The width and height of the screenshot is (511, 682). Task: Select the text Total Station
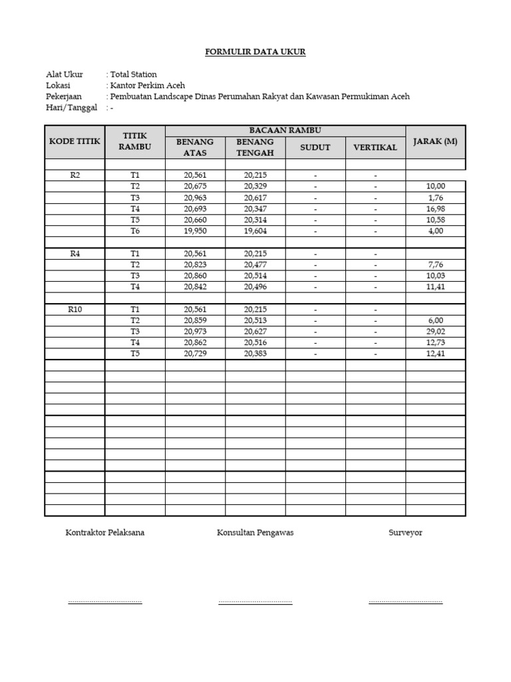click(133, 75)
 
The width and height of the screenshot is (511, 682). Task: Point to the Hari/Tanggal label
click(71, 107)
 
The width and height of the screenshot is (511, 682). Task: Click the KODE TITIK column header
click(75, 141)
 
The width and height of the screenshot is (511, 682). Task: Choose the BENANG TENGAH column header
click(255, 147)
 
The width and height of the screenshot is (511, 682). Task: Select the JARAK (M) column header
click(435, 141)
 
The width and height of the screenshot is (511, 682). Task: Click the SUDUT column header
click(315, 147)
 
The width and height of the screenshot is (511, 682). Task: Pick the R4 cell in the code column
click(75, 254)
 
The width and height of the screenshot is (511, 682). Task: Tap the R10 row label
click(75, 309)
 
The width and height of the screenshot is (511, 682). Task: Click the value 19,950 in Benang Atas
click(195, 231)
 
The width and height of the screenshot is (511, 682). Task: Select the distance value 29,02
click(435, 331)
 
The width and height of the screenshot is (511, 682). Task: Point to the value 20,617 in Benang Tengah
click(255, 198)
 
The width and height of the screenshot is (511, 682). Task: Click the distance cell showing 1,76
click(435, 198)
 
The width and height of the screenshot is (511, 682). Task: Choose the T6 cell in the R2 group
click(135, 231)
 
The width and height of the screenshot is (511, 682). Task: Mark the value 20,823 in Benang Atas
click(195, 264)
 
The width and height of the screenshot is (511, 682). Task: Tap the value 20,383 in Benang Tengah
click(255, 354)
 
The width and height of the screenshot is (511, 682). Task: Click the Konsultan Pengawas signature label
click(255, 533)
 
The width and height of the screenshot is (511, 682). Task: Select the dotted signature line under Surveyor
click(405, 602)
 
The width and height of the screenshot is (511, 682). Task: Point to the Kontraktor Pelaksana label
click(104, 533)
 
